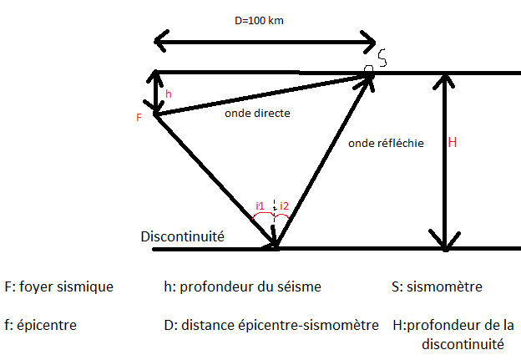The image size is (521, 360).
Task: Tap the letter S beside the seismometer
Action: [x=382, y=58]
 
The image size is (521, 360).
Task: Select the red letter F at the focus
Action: [x=139, y=118]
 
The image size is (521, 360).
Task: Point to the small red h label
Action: [x=169, y=95]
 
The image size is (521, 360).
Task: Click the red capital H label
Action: [x=453, y=143]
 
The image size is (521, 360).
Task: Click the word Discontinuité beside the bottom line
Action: [x=183, y=236]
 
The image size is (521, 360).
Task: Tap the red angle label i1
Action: [x=260, y=205]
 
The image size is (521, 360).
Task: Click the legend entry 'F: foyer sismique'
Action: [x=58, y=286]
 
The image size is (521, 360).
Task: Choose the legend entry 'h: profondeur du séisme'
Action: [x=242, y=286]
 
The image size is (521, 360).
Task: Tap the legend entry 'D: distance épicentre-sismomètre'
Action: [x=272, y=324]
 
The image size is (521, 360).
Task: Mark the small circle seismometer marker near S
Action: [x=368, y=70]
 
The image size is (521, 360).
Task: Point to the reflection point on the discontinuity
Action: [x=275, y=246]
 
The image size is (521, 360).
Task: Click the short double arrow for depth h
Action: [x=155, y=92]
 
